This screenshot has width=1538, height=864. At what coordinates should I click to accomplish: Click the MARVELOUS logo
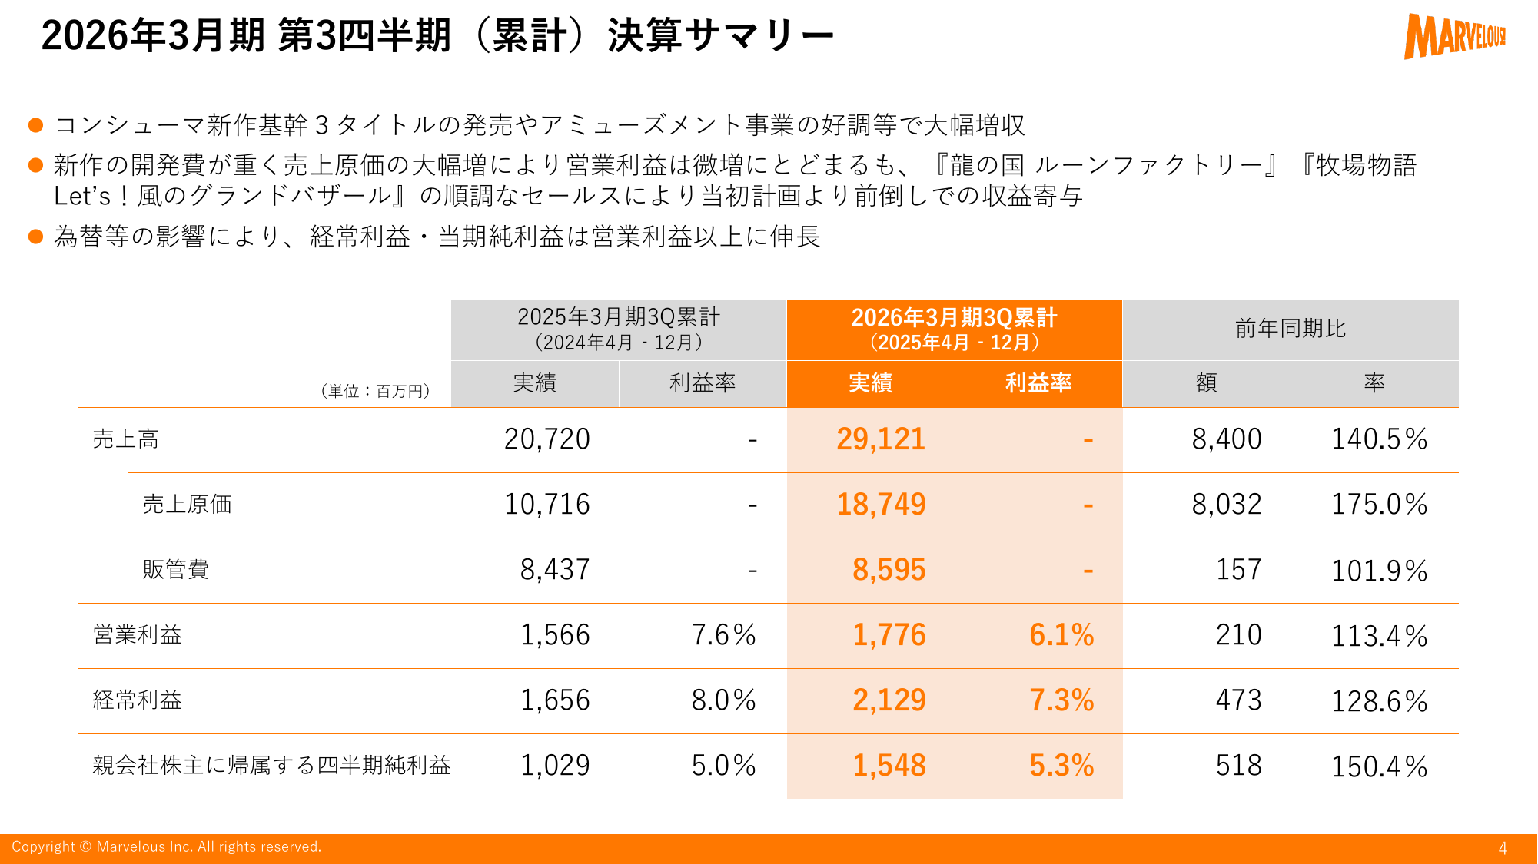pyautogui.click(x=1453, y=36)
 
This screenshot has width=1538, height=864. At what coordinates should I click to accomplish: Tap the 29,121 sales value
pyautogui.click(x=881, y=439)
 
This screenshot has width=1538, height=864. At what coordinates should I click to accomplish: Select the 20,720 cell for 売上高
pyautogui.click(x=546, y=439)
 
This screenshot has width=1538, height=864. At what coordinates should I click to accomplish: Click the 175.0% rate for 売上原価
pyautogui.click(x=1379, y=505)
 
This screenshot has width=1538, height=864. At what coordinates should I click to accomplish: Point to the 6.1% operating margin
pyautogui.click(x=1061, y=635)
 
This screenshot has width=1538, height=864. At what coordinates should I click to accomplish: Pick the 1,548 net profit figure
pyautogui.click(x=889, y=766)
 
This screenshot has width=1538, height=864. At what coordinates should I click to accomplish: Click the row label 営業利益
pyautogui.click(x=137, y=635)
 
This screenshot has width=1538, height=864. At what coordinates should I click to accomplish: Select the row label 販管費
pyautogui.click(x=175, y=570)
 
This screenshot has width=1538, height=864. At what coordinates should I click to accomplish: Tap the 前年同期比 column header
pyautogui.click(x=1290, y=329)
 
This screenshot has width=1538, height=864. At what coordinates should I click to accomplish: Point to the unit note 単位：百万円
pyautogui.click(x=375, y=391)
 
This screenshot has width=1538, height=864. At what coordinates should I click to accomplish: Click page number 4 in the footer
pyautogui.click(x=1502, y=848)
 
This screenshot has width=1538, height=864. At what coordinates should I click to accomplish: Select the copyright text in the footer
pyautogui.click(x=166, y=847)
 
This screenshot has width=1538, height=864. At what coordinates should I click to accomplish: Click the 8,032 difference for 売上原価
pyautogui.click(x=1226, y=505)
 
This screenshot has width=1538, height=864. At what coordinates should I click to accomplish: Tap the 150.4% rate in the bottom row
pyautogui.click(x=1379, y=766)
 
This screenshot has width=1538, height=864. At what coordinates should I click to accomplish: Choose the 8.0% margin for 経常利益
pyautogui.click(x=723, y=700)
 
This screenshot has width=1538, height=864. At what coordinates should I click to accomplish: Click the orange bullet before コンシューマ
pyautogui.click(x=35, y=124)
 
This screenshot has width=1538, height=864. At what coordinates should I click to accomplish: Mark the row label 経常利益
pyautogui.click(x=137, y=700)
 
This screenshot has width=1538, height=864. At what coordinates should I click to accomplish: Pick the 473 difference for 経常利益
pyautogui.click(x=1238, y=700)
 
